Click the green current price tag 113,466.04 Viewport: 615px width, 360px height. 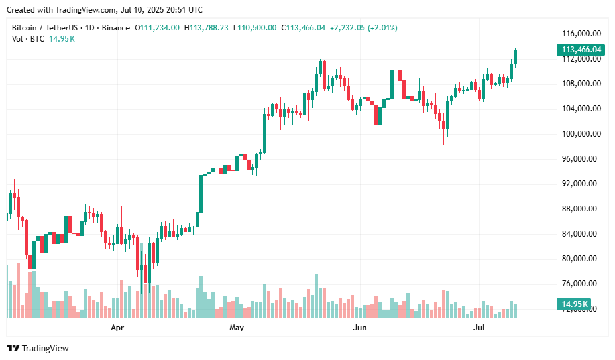click(x=581, y=50)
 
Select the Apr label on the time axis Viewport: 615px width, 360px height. click(x=117, y=328)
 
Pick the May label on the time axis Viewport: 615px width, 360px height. click(x=237, y=328)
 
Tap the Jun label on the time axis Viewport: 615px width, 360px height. click(x=359, y=328)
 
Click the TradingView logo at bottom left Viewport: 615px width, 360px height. click(x=38, y=348)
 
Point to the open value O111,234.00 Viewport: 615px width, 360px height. click(x=157, y=28)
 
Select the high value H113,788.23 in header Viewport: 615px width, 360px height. click(x=206, y=28)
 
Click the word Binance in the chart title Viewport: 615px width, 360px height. click(x=117, y=28)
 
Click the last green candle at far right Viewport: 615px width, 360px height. click(x=516, y=57)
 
